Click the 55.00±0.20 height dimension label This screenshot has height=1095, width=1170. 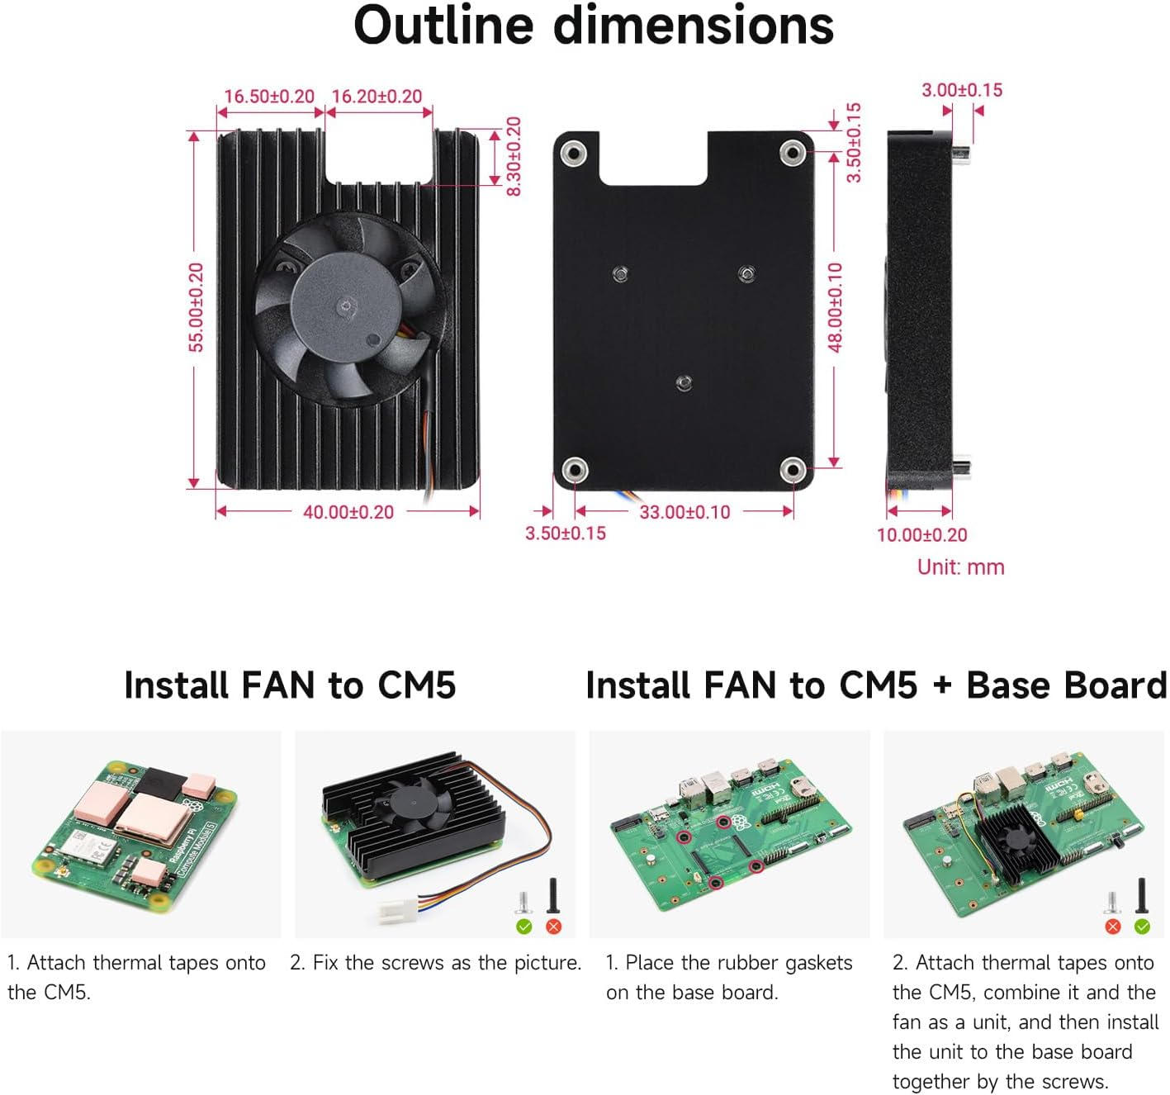(196, 307)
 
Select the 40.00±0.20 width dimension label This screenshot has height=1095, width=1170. (348, 512)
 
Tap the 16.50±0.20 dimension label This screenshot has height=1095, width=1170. (269, 97)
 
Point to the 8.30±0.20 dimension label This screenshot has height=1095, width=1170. (514, 156)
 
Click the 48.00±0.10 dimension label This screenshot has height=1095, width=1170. (835, 307)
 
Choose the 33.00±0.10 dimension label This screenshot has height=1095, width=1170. (684, 512)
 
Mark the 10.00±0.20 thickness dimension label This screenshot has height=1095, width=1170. (921, 535)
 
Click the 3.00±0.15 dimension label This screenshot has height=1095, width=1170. (961, 90)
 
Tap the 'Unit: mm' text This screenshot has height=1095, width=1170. (960, 567)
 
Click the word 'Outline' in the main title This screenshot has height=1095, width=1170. (443, 26)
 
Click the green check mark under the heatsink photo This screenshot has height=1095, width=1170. (523, 927)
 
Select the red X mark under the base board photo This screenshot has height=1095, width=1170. (1112, 927)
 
